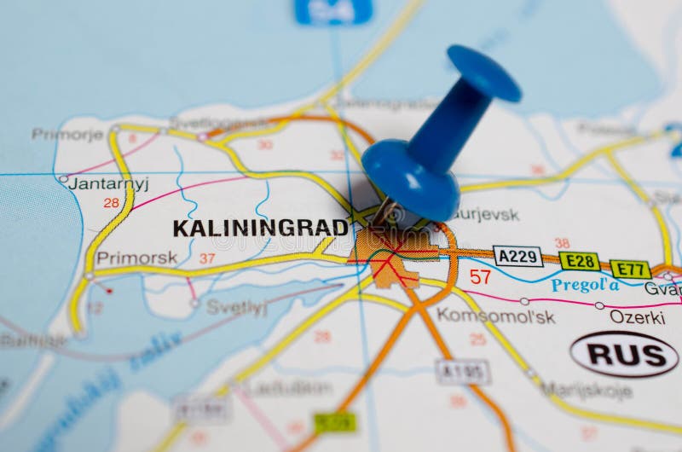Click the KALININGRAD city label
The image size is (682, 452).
pos(260,228)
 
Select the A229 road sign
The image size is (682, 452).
pos(517,256)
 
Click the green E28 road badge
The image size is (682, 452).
pos(579,262)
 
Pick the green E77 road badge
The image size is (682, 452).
pos(630,269)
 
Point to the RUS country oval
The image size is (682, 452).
pos(624,354)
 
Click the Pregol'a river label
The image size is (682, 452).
pos(585,285)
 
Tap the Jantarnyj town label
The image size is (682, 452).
pos(108,183)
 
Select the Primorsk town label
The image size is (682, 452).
pos(136,258)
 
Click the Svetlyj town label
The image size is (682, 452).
pos(236,308)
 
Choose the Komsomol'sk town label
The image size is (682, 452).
pos(495,316)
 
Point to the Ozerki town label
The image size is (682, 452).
pos(637,317)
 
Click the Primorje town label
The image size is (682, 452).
pos(67,134)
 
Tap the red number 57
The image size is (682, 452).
pos(480,276)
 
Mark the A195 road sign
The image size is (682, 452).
pos(463,371)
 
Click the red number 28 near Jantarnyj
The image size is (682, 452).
pos(111,203)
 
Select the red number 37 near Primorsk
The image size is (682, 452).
pos(207,258)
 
